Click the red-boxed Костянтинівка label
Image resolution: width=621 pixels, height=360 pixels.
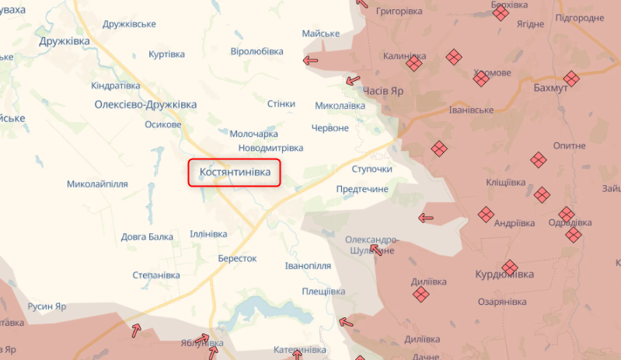tap(234, 173)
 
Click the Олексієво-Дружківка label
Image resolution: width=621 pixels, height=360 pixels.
tap(145, 104)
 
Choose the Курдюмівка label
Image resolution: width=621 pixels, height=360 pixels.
tap(504, 275)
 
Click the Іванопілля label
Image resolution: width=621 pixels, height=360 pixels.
tap(308, 265)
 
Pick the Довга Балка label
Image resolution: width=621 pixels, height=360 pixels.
tap(147, 236)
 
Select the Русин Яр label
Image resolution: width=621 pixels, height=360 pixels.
tap(47, 306)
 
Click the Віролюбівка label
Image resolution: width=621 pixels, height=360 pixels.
tap(257, 51)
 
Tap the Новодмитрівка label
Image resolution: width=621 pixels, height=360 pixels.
tap(270, 148)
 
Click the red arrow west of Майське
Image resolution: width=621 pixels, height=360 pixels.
tap(311, 60)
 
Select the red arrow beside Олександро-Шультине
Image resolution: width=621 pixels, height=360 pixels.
tap(378, 250)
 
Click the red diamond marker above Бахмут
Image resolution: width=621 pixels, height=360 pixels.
tap(572, 77)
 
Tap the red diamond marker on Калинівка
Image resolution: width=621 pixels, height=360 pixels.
tap(414, 65)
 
